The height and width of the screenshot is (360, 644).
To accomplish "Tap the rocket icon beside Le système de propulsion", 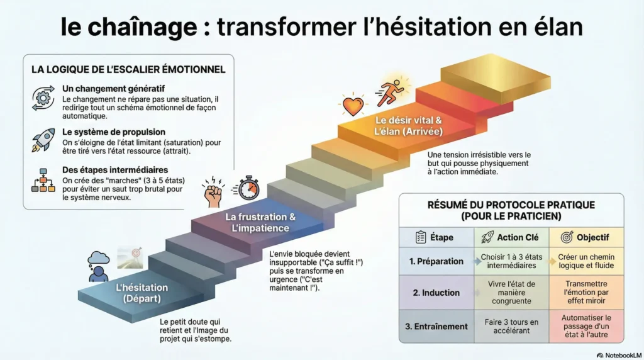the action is pyautogui.click(x=43, y=140).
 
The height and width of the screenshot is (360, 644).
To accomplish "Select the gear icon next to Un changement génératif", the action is pyautogui.click(x=43, y=98).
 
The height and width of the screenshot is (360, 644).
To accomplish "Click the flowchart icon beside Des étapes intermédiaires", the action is pyautogui.click(x=43, y=180).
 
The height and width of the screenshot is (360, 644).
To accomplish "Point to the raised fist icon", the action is pyautogui.click(x=213, y=191).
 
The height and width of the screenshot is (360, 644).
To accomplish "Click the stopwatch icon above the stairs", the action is pyautogui.click(x=248, y=188).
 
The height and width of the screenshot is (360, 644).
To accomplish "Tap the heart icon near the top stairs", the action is pyautogui.click(x=353, y=105).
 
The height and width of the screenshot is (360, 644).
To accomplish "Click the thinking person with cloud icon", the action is pyautogui.click(x=99, y=266).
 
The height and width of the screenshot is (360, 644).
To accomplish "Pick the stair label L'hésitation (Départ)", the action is pyautogui.click(x=142, y=293).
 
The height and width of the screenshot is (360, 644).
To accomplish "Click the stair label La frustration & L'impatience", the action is pyautogui.click(x=260, y=222).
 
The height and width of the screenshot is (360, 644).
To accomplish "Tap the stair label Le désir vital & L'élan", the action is pyautogui.click(x=408, y=126).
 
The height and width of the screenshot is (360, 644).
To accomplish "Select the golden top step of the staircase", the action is pyautogui.click(x=496, y=78).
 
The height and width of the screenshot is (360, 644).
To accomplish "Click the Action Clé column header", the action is pyautogui.click(x=512, y=237).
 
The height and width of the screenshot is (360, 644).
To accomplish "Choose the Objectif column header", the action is pyautogui.click(x=586, y=237).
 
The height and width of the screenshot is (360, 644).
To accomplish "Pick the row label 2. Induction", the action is pyautogui.click(x=436, y=293).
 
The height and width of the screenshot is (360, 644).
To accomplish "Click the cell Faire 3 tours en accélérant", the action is pyautogui.click(x=511, y=326).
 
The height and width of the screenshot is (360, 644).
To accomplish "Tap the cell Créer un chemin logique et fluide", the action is pyautogui.click(x=586, y=261).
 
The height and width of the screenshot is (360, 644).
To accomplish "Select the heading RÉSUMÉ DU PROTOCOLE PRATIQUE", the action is pyautogui.click(x=511, y=205).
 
